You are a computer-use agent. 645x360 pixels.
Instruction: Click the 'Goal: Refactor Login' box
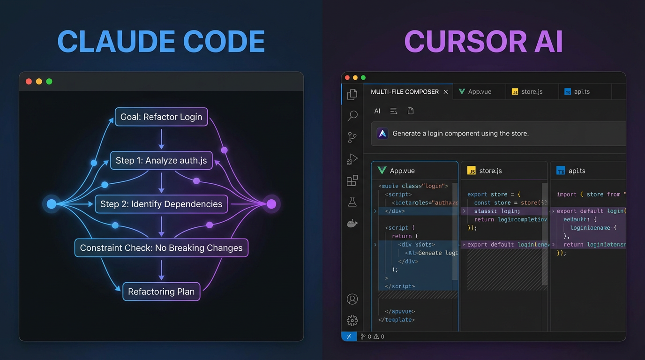(x=161, y=117)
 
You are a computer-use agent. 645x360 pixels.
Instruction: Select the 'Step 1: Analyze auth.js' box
(x=161, y=161)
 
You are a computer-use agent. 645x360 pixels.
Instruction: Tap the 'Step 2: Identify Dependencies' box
(x=161, y=204)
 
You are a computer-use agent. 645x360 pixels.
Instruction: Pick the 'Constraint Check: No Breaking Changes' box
(x=161, y=248)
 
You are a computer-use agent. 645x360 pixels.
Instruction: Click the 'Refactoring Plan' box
(x=161, y=292)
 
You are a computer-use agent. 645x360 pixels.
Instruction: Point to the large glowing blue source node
(x=52, y=204)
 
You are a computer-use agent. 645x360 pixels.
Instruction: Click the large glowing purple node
(x=271, y=204)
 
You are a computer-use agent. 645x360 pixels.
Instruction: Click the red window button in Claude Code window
(x=29, y=82)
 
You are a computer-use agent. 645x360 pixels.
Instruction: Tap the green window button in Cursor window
(x=363, y=78)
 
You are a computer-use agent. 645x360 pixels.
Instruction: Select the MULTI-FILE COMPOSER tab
(x=405, y=92)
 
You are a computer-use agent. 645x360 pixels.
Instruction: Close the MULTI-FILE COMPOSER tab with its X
(x=446, y=92)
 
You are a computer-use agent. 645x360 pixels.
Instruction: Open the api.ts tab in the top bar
(x=581, y=92)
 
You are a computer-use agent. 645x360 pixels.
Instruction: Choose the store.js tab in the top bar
(x=532, y=92)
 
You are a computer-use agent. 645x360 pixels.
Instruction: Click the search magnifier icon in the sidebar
(x=352, y=116)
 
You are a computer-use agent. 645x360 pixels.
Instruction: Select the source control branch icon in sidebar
(x=352, y=137)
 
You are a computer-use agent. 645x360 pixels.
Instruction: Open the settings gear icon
(x=352, y=320)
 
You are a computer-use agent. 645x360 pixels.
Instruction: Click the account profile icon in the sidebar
(x=352, y=299)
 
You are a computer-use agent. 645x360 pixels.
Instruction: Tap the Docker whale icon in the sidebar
(x=352, y=224)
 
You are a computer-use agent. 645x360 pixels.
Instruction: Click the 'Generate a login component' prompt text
(x=460, y=134)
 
